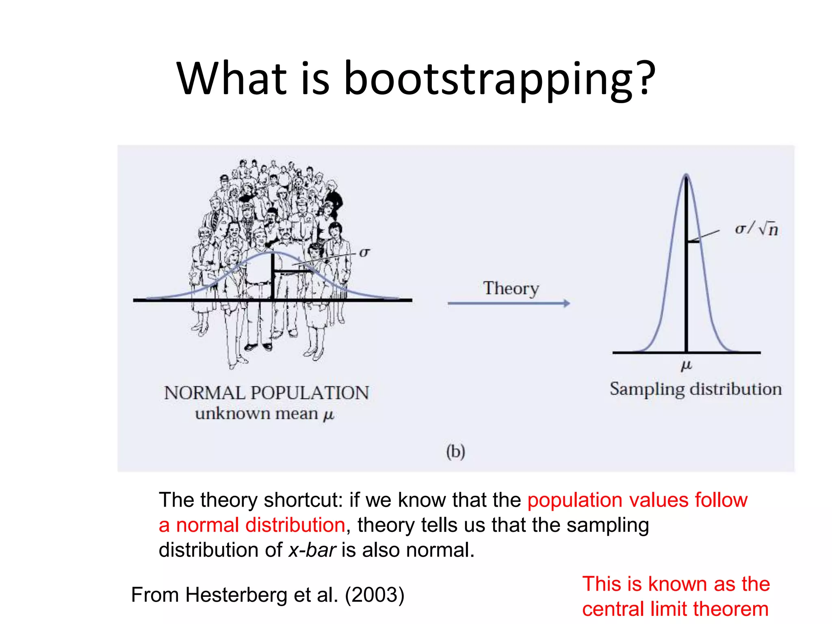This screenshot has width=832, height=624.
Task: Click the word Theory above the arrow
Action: click(x=511, y=288)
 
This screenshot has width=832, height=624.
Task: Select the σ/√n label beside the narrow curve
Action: click(x=756, y=229)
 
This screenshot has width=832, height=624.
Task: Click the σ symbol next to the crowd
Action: click(x=364, y=253)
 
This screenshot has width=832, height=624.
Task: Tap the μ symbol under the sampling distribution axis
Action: click(x=686, y=366)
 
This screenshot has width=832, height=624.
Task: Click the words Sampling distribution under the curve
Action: click(x=695, y=389)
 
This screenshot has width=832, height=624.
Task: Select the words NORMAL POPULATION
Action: click(x=266, y=393)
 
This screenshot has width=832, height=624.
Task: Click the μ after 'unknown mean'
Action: click(x=328, y=415)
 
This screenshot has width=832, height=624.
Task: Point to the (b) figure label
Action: click(x=455, y=452)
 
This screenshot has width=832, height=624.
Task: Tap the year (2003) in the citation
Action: click(x=374, y=595)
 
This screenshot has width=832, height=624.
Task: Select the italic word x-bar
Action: click(x=312, y=550)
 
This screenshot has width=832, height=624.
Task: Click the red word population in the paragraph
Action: click(x=574, y=500)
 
